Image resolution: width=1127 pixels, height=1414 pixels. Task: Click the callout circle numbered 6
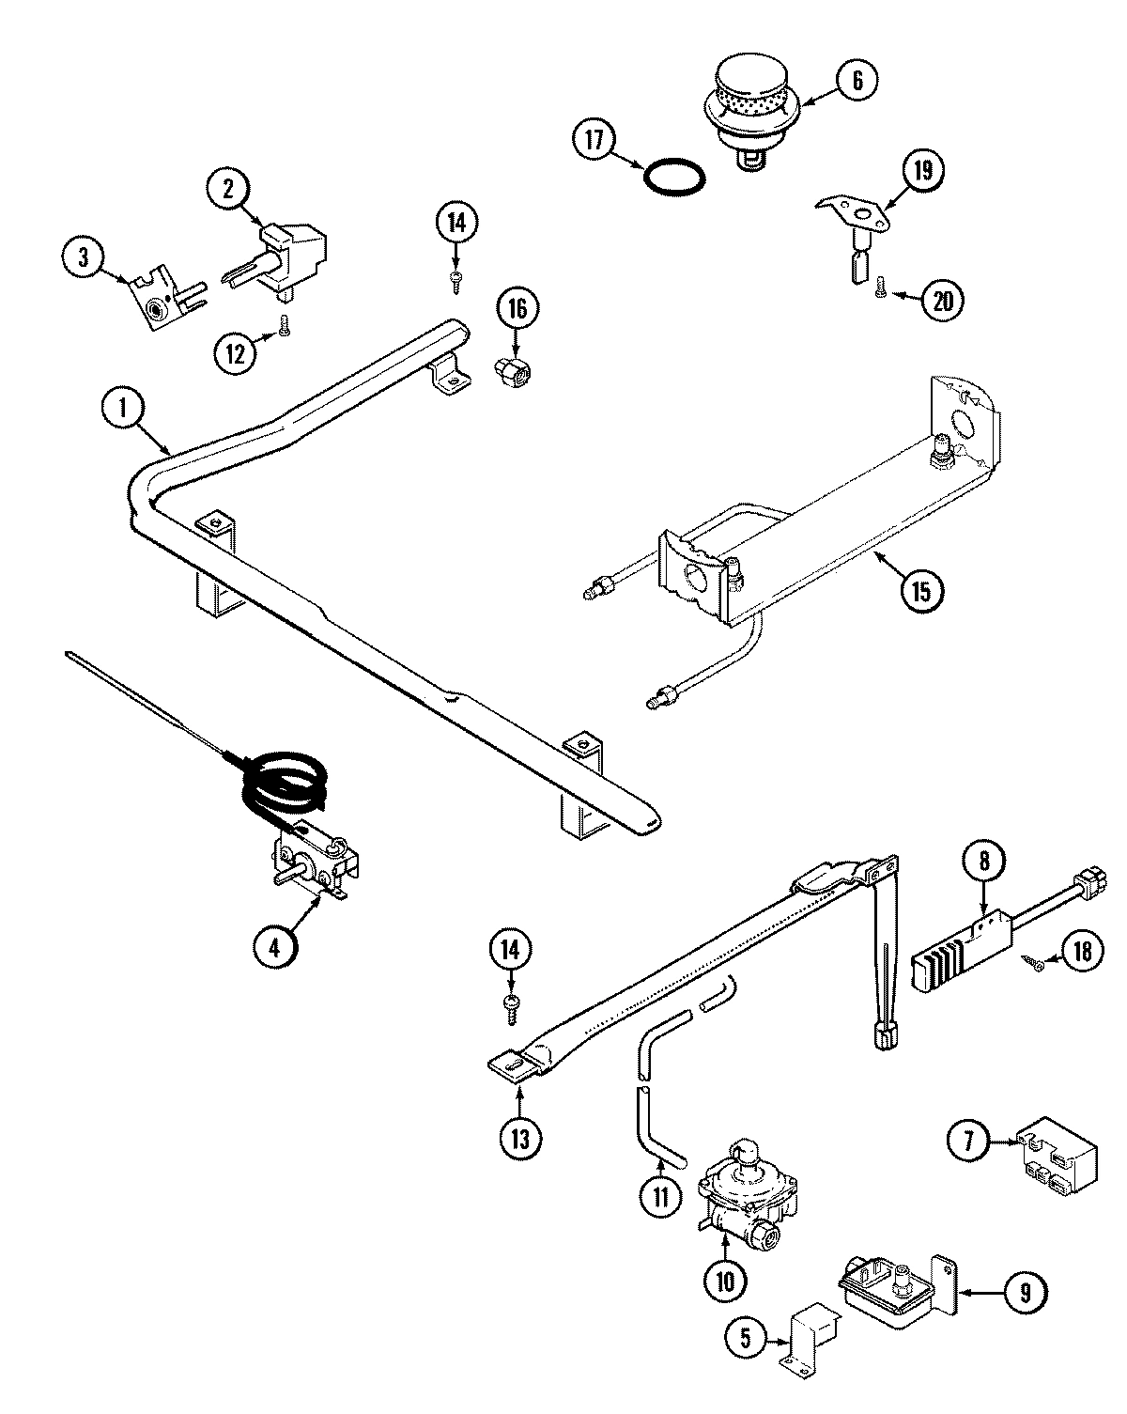tap(857, 80)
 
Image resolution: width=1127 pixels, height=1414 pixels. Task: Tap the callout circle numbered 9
tap(1025, 1293)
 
